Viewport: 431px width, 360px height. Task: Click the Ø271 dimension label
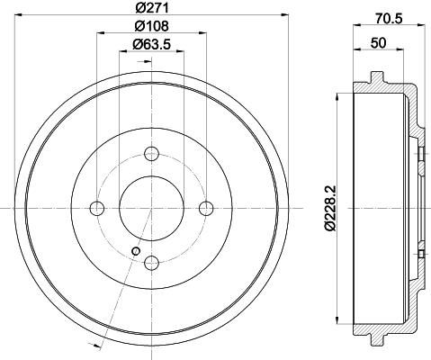(x=151, y=8)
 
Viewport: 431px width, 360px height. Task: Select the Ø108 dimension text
(x=151, y=26)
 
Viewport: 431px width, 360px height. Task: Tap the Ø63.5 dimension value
(x=151, y=45)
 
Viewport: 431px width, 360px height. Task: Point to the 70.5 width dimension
(x=388, y=19)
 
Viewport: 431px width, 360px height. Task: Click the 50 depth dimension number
(x=378, y=43)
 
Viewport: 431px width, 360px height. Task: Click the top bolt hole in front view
(x=151, y=154)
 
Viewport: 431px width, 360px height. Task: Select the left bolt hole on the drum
(x=97, y=208)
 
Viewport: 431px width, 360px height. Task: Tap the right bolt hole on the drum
(x=206, y=208)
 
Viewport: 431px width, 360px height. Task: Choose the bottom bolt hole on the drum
(x=151, y=263)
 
